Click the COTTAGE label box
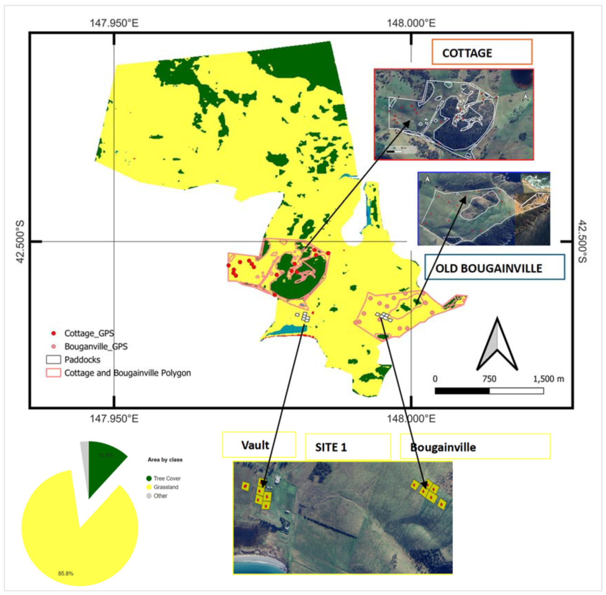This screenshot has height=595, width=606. coord(482,52)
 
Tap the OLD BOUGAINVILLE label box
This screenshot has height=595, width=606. coord(494,267)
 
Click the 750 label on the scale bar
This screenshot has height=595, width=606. coord(489,379)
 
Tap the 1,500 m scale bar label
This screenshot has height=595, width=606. coord(548,379)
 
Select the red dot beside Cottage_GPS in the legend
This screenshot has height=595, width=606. coord(54,333)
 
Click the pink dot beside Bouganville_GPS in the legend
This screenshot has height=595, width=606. coord(54,347)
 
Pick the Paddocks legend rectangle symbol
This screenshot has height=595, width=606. coord(53,360)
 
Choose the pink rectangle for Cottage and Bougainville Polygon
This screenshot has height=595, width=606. coord(53,373)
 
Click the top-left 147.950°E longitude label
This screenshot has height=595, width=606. coord(114,23)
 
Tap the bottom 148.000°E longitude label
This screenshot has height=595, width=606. coord(411,419)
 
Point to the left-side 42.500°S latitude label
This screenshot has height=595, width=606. coord(20,242)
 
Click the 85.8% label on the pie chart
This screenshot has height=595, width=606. coord(66,573)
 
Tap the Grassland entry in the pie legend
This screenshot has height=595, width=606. coord(165,487)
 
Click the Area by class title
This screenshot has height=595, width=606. coord(165,459)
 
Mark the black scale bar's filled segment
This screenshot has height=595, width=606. coord(462,390)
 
